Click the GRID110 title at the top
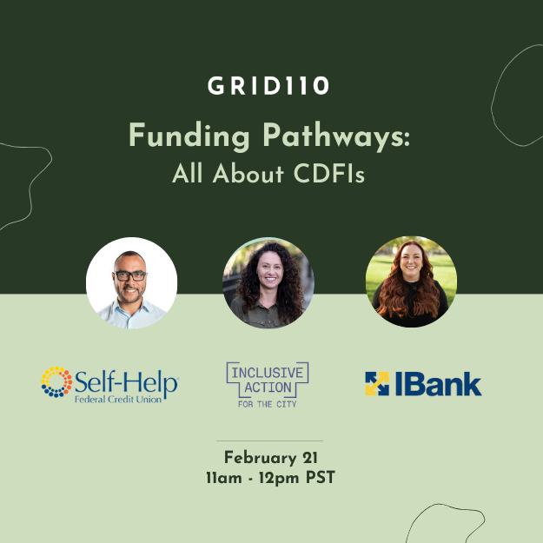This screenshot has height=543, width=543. point(270,87)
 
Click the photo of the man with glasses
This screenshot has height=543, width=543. point(131,282)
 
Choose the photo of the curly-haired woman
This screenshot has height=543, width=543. point(268,282)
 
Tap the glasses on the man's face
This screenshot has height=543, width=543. point(130,275)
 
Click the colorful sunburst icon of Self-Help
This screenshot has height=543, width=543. point(56,382)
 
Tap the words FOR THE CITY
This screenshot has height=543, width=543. point(267,403)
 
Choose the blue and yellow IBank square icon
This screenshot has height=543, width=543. point(376,383)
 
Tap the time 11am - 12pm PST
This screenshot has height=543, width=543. point(269,477)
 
